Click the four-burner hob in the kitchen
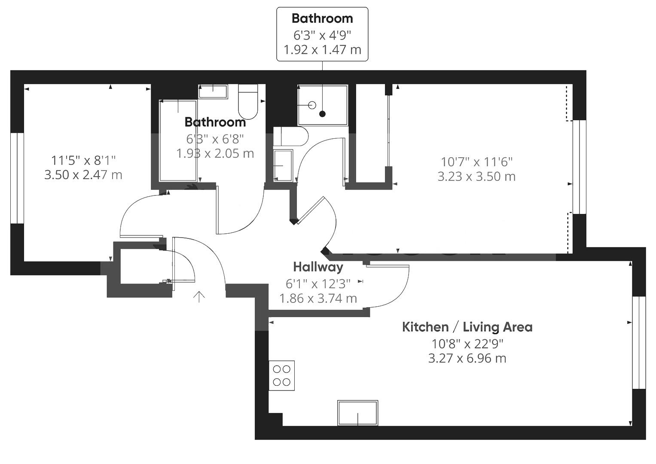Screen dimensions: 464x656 click(x=281, y=375)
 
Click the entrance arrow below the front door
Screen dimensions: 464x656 click(x=199, y=296)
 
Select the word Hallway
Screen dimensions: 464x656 click(x=318, y=267)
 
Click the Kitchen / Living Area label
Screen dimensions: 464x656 click(x=467, y=327)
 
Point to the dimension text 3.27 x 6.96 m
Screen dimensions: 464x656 click(x=467, y=358)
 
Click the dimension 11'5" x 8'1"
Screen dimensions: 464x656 click(x=83, y=160)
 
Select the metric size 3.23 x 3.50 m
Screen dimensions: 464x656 click(x=476, y=177)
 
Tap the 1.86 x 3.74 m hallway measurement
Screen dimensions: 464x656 click(x=318, y=298)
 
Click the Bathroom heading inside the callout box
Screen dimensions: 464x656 click(x=322, y=18)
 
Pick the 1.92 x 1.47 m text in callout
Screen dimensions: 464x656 click(x=322, y=50)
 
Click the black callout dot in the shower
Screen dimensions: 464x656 click(x=322, y=114)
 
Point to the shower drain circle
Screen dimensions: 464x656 click(x=312, y=105)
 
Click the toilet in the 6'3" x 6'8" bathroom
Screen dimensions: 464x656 click(x=248, y=102)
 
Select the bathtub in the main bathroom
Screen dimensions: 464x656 click(x=178, y=140)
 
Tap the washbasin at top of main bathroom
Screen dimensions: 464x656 click(x=213, y=91)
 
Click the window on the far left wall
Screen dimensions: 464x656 click(x=17, y=178)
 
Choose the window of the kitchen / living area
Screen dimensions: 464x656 click(x=639, y=342)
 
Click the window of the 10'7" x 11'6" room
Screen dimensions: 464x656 click(x=580, y=167)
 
